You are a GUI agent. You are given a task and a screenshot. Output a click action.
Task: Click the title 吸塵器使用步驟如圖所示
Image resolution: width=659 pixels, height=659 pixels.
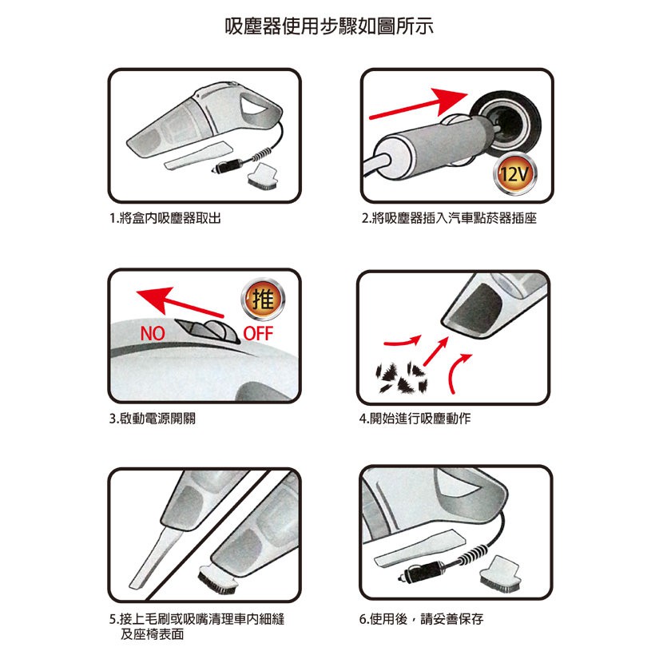(x=329, y=27)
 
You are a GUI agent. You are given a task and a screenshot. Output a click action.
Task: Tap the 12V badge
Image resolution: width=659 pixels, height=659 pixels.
(x=515, y=174)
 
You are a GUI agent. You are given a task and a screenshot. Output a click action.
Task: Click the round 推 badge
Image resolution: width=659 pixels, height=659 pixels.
(x=263, y=300)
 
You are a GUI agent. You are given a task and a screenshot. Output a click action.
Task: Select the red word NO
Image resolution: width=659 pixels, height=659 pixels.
(x=152, y=333)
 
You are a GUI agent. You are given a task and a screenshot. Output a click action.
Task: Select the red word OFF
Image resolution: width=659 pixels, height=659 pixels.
(x=258, y=333)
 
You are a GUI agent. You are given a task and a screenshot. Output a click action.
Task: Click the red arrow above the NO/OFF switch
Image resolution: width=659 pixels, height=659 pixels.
(x=180, y=301)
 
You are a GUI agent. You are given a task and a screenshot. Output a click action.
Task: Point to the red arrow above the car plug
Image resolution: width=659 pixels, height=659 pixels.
(x=419, y=104)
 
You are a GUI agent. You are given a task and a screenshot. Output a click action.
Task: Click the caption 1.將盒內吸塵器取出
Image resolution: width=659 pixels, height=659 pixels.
(x=165, y=218)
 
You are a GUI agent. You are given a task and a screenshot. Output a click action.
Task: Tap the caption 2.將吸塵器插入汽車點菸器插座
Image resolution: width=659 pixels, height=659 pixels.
(x=449, y=218)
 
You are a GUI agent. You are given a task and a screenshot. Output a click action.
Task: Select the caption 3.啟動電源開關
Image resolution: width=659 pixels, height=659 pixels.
(x=152, y=419)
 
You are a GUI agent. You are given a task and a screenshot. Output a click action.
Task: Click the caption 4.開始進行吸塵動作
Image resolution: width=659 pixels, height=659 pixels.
(x=415, y=419)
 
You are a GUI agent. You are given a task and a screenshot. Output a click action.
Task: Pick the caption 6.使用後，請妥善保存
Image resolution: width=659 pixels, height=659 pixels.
(x=422, y=618)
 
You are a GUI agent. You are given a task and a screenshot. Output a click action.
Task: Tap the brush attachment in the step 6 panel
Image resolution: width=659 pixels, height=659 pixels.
(x=502, y=574)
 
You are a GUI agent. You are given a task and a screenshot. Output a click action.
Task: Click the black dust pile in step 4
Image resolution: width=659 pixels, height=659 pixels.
(x=401, y=375)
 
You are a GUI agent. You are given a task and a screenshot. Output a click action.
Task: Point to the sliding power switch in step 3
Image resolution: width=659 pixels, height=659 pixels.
(x=208, y=331)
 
